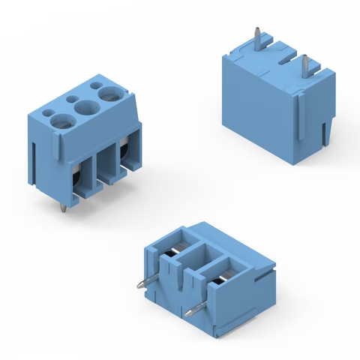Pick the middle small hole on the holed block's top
point(73,98)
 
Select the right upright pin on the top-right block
point(307,67)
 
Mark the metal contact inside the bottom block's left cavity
point(175,253)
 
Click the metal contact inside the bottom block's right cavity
point(220,279)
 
